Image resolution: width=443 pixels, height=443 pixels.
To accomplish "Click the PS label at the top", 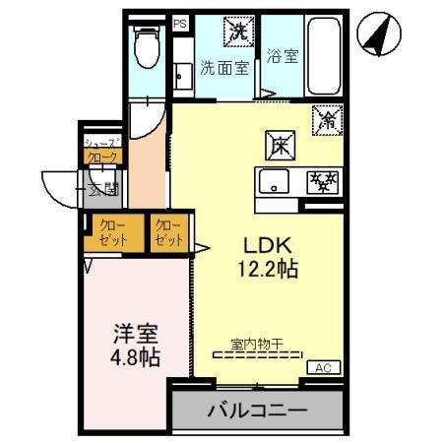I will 179,22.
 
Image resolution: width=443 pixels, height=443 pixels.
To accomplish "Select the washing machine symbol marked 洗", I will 239,31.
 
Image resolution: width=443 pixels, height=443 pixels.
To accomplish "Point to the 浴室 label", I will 285,56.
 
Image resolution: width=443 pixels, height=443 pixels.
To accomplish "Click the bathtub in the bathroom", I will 323,53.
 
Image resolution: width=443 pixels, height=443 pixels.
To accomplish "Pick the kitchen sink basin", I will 274,182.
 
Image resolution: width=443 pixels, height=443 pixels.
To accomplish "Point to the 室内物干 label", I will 257,344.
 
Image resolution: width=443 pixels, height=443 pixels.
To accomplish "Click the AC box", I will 322,367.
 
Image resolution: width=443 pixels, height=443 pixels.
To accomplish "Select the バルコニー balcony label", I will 256,411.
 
